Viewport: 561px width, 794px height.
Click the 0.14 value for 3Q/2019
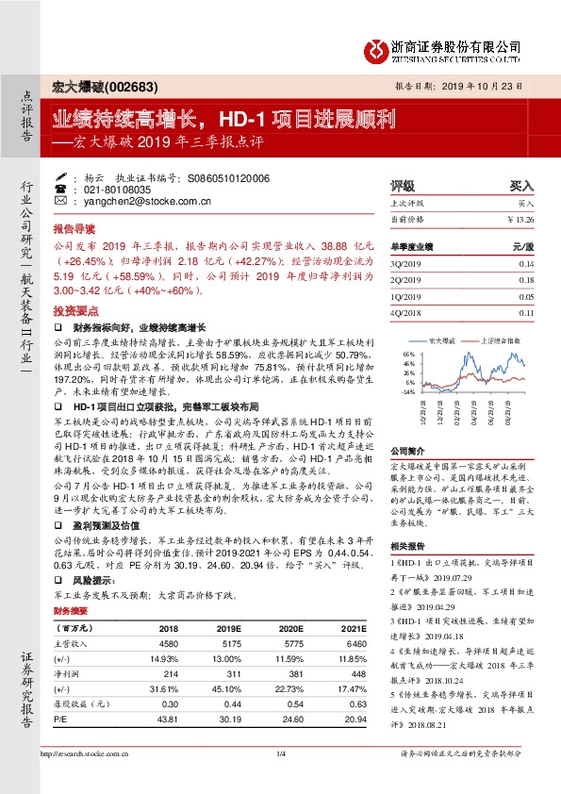[x=525, y=265]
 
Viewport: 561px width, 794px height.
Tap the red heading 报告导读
[x=74, y=229]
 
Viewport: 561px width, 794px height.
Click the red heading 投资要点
[x=74, y=309]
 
